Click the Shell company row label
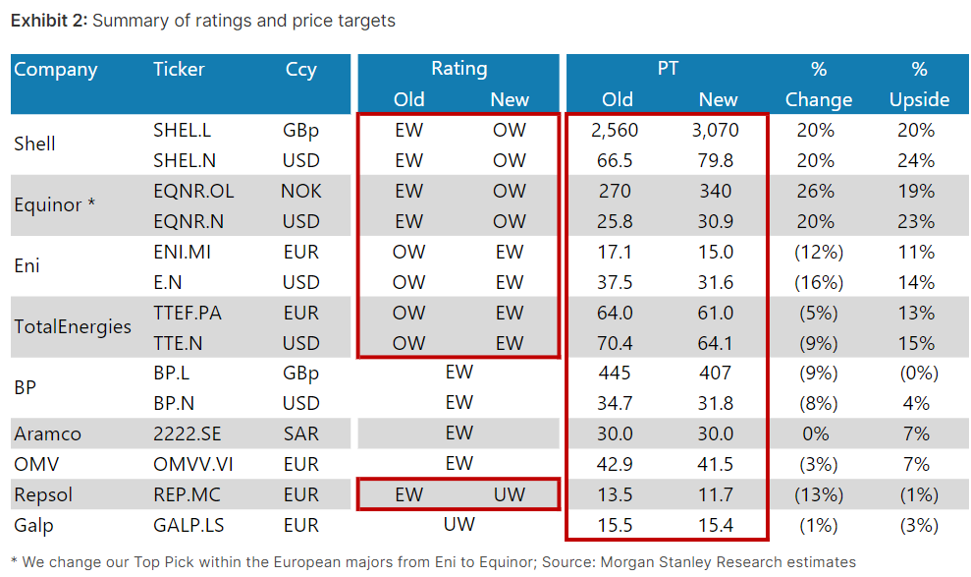coord(34,144)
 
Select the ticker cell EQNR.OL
coord(193,191)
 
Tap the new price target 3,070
coord(718,130)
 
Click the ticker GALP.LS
coord(188,525)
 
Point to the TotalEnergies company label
coord(73,327)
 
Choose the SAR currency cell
coord(300,433)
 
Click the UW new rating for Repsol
coord(510,494)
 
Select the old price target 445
coord(617,373)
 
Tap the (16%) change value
coord(818,282)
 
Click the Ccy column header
coord(300,69)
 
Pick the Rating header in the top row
coord(459,69)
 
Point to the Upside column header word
coord(919,99)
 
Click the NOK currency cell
coord(300,191)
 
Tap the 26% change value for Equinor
coord(818,191)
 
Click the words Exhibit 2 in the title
coord(48,20)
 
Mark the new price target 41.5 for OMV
coord(718,464)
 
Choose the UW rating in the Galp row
coord(459,525)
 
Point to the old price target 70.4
coord(617,343)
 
